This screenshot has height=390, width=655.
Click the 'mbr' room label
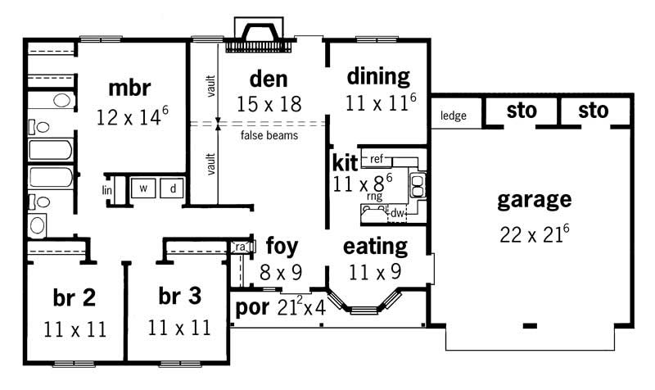(x=129, y=88)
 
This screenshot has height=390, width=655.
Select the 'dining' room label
(x=377, y=77)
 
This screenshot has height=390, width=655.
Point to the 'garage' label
(x=533, y=199)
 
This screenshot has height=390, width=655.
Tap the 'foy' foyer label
(x=282, y=246)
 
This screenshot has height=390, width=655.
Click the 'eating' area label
(x=375, y=246)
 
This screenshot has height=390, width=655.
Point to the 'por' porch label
(x=250, y=308)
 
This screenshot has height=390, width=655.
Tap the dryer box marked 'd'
(x=173, y=188)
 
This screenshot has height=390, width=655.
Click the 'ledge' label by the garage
(x=453, y=116)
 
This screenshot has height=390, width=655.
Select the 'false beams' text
(x=269, y=135)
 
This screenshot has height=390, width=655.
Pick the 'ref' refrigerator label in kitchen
(x=377, y=157)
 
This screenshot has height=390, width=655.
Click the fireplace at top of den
(x=261, y=34)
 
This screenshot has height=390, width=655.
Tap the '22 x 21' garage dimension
(x=534, y=234)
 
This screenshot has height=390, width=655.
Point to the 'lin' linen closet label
(x=106, y=190)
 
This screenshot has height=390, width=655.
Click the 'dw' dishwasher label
(x=396, y=213)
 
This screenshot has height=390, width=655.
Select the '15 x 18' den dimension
(x=269, y=105)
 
